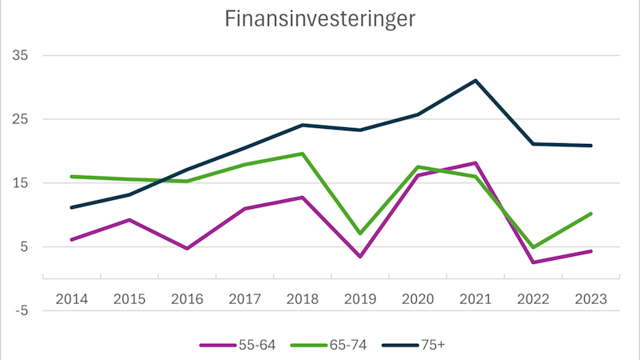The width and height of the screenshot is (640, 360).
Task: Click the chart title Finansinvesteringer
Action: [319, 19]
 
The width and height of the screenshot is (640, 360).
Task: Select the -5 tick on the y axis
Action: [18, 310]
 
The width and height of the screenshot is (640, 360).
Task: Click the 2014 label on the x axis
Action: [72, 298]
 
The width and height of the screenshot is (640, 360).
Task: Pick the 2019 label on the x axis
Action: [360, 298]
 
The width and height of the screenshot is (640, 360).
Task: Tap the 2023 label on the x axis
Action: [590, 298]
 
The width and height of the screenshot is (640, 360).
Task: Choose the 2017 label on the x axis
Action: [245, 298]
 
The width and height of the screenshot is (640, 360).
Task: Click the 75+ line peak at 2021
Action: [475, 81]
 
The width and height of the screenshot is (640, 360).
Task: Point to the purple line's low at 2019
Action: [360, 256]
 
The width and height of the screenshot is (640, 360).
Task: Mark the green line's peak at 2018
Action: [302, 154]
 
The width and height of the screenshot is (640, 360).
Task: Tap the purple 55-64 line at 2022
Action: [533, 262]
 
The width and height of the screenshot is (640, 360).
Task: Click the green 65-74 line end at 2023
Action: [590, 214]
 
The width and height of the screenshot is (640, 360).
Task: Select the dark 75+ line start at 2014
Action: [72, 207]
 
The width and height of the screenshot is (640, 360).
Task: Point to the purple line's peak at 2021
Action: [475, 163]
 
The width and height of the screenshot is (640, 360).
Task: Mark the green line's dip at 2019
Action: [360, 233]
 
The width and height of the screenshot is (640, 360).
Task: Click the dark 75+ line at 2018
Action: [302, 125]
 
